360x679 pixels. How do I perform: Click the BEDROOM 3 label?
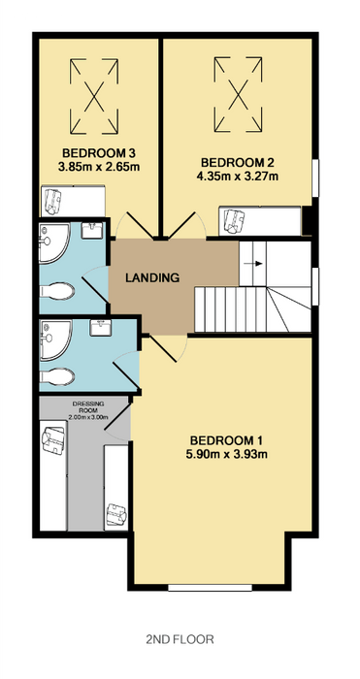(x=99, y=153)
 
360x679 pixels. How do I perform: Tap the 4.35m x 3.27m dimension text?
(x=237, y=177)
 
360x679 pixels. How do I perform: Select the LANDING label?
(x=152, y=277)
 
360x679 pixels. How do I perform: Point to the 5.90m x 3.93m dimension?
(x=226, y=454)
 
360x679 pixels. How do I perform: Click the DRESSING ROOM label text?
(x=88, y=407)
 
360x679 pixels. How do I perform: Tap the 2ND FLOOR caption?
(x=180, y=639)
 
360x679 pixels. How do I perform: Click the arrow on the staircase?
(x=256, y=263)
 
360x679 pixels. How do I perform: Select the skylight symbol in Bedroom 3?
(x=94, y=96)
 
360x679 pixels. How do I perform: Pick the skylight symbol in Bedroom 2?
(x=238, y=93)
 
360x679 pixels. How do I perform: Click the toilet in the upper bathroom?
(x=57, y=291)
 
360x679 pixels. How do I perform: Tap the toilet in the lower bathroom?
(x=57, y=376)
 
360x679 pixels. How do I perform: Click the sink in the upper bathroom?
(x=91, y=231)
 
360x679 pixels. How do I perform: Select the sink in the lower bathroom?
(x=101, y=327)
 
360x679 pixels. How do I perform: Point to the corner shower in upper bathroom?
(x=54, y=242)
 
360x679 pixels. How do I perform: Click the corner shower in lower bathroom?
(x=55, y=339)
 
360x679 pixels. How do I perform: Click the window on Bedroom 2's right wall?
(x=315, y=178)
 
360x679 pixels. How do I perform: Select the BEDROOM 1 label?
(x=226, y=440)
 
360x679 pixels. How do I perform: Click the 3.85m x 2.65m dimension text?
(x=99, y=167)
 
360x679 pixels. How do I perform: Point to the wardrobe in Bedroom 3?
(x=73, y=202)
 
